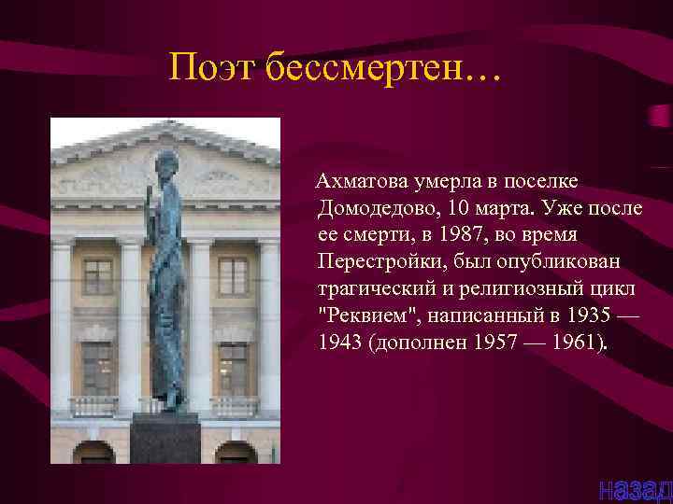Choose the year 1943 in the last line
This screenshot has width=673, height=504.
click(341, 339)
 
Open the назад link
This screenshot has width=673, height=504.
click(634, 487)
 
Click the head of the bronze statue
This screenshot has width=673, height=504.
click(168, 162)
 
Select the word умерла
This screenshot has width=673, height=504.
click(451, 180)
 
